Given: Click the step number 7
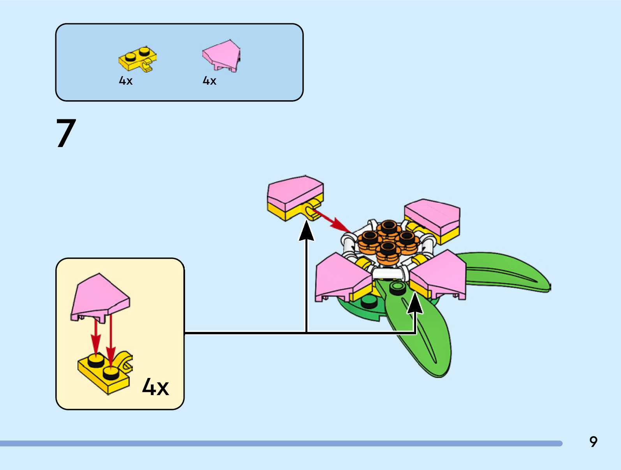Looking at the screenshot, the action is click(x=66, y=133).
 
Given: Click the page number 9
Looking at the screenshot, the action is click(x=593, y=442).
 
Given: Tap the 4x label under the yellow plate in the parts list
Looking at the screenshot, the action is click(x=125, y=81).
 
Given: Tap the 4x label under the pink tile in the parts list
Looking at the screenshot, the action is click(x=209, y=81).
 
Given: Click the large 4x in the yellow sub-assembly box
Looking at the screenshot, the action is click(x=155, y=387).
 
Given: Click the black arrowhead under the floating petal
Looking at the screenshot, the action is click(x=307, y=231).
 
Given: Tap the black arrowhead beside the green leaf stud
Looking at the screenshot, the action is click(x=415, y=303).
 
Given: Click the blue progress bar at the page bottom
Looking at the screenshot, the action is click(x=281, y=443).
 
